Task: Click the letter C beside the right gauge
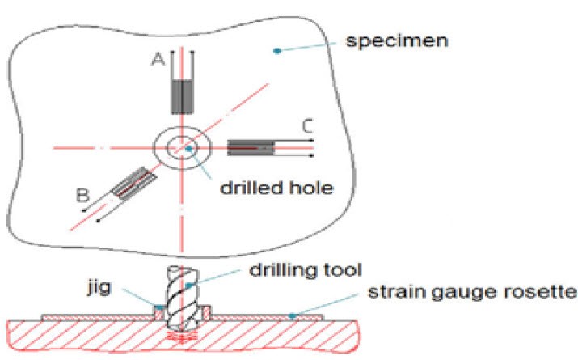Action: coord(306,125)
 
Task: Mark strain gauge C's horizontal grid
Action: coord(253,147)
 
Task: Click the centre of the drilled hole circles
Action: coord(183,147)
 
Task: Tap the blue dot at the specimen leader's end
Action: coord(277,50)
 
